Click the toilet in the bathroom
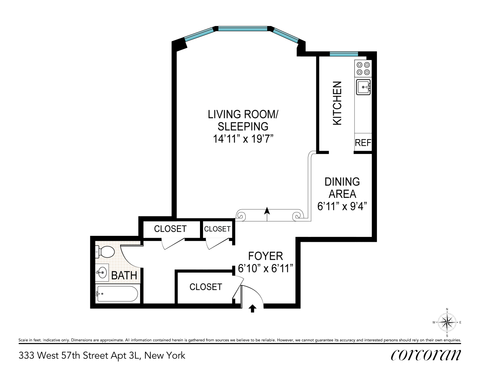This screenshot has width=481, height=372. [105, 252]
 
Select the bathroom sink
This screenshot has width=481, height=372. [102, 273]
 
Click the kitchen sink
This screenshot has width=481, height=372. [363, 87]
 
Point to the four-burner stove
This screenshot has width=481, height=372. [363, 68]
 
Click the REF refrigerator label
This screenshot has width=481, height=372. [363, 143]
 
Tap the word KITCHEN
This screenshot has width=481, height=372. [338, 103]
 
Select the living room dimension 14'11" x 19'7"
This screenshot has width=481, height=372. [243, 139]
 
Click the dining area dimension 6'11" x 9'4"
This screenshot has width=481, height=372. [342, 206]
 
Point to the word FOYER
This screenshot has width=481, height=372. [265, 256]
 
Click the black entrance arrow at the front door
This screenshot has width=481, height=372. [252, 308]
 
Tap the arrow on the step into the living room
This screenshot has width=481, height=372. [267, 214]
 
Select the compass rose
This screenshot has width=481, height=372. [447, 323]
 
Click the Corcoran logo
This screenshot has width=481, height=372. [426, 356]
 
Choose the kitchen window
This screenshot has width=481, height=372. [344, 54]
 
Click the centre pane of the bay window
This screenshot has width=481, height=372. [243, 29]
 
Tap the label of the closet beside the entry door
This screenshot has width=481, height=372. [206, 287]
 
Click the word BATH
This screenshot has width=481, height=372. [124, 275]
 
